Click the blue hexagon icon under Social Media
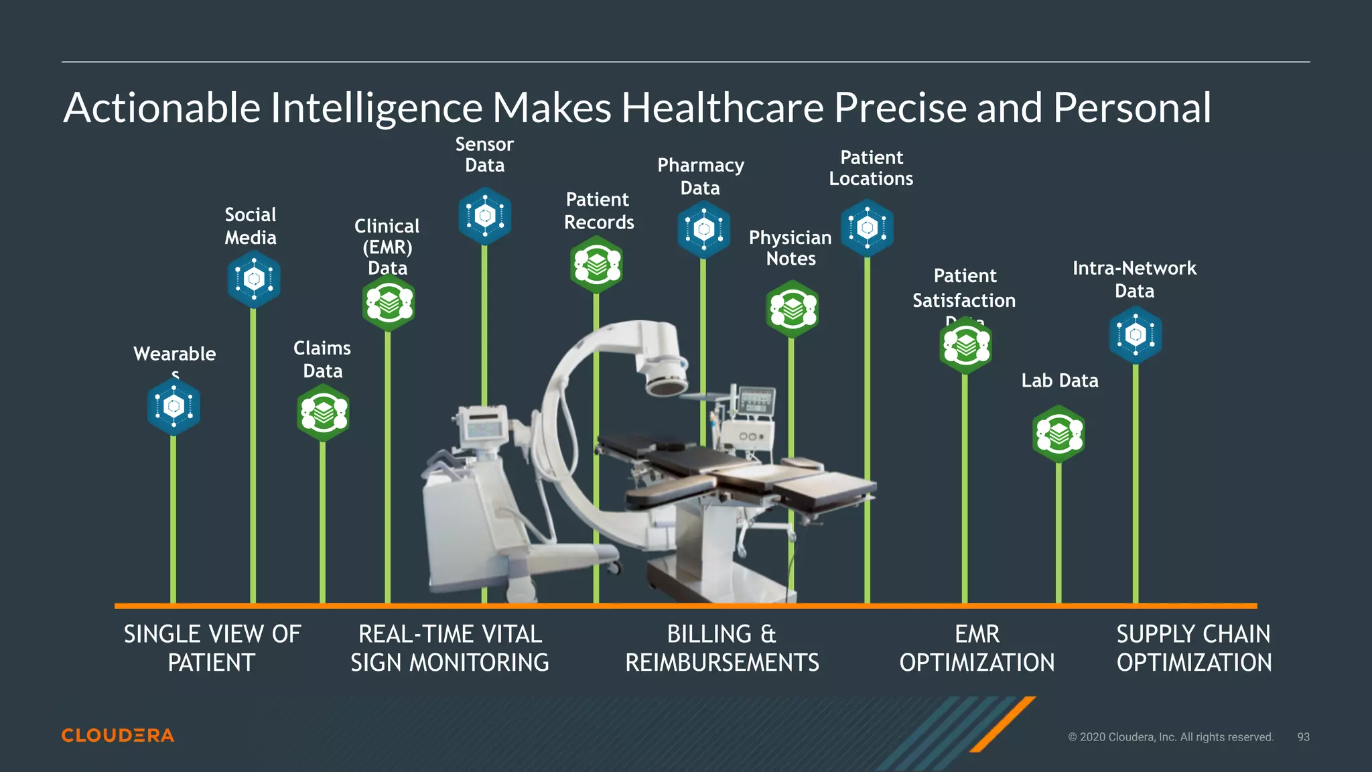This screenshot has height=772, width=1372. click(x=253, y=279)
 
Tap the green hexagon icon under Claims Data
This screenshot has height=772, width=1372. click(x=323, y=413)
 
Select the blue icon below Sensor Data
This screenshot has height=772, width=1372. click(x=484, y=216)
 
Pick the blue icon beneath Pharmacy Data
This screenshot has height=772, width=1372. click(x=703, y=230)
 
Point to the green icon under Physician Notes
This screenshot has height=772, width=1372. click(x=792, y=309)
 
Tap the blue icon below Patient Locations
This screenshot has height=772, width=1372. click(x=867, y=228)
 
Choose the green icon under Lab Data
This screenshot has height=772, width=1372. click(x=1058, y=434)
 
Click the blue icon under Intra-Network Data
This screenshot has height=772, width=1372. click(x=1135, y=334)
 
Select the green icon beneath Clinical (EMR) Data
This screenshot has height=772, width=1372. click(x=388, y=304)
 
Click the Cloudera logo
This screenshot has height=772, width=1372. click(x=118, y=735)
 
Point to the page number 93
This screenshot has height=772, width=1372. click(x=1303, y=736)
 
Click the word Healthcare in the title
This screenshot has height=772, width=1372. click(x=722, y=107)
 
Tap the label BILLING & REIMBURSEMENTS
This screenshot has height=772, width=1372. click(x=722, y=648)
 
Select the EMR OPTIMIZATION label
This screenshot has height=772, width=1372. click(x=977, y=648)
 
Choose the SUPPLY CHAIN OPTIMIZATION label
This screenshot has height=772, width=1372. click(x=1194, y=648)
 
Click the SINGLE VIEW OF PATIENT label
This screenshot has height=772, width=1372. click(x=212, y=648)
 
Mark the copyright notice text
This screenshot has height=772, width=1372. click(x=1170, y=736)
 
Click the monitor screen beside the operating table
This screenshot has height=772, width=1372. click(x=756, y=401)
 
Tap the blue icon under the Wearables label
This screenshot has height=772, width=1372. click(x=174, y=406)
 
